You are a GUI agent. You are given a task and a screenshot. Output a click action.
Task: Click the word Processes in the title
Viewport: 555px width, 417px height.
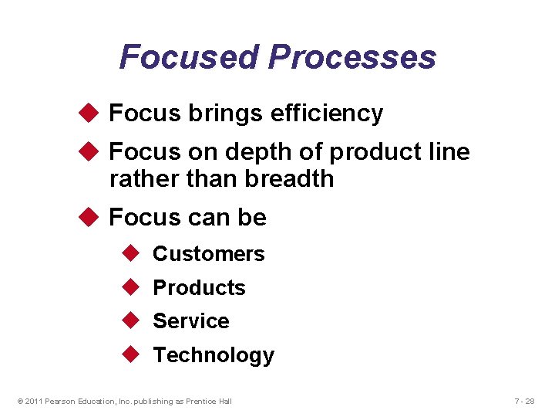pyautogui.click(x=352, y=57)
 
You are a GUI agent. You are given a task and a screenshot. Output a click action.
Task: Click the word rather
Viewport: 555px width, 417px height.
pyautogui.click(x=143, y=179)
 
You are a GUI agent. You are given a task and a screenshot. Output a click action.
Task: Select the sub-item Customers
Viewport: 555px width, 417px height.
pyautogui.click(x=208, y=254)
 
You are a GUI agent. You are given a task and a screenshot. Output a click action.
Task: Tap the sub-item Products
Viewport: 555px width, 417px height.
pyautogui.click(x=199, y=288)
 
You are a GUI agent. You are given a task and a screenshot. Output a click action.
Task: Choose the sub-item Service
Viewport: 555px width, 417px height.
pyautogui.click(x=190, y=321)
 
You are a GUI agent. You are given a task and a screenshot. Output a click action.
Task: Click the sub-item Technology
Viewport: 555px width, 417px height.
pyautogui.click(x=214, y=355)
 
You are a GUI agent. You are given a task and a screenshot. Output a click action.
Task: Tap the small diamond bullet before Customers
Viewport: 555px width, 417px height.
pyautogui.click(x=129, y=253)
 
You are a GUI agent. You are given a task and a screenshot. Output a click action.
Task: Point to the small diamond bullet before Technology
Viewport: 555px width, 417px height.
pyautogui.click(x=129, y=354)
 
